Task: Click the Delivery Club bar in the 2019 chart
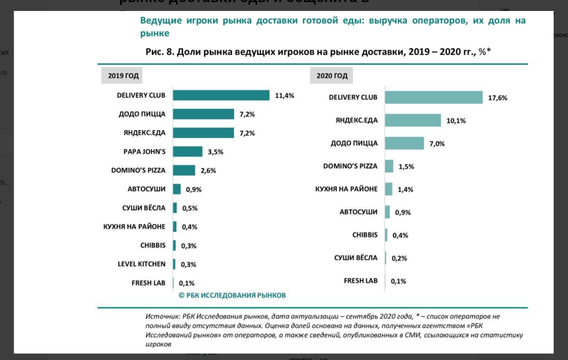[x=221, y=95]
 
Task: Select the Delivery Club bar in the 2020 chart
[x=433, y=97]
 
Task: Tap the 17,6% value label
[x=498, y=98]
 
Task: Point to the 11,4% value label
[x=284, y=96]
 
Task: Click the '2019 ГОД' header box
[x=124, y=76]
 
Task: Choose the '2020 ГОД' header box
[x=332, y=76]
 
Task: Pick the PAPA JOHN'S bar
[x=188, y=151]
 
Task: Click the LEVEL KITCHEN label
[x=141, y=264]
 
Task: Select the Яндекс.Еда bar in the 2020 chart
[x=413, y=120]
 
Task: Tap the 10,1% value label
[x=455, y=121]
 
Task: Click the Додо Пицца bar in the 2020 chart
[x=404, y=143]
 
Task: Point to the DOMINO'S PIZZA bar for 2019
[x=184, y=170]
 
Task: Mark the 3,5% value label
[x=216, y=152]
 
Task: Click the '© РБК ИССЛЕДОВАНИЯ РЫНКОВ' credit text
[x=232, y=295]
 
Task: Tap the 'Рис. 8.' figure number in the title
[x=159, y=52]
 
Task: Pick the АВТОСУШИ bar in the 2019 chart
[x=177, y=189]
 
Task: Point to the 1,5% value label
[x=406, y=167]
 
